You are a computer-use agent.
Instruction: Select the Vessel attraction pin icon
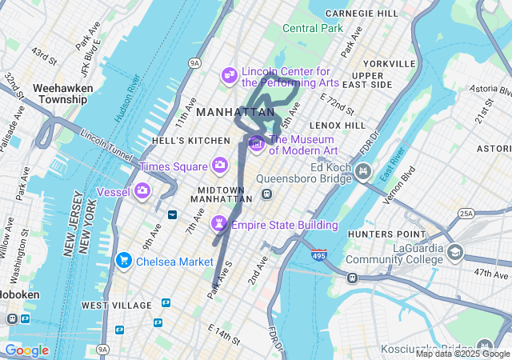click(142, 190)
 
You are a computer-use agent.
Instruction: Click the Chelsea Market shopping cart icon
click(123, 260)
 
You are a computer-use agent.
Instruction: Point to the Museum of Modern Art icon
click(257, 143)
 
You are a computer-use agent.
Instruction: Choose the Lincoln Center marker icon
click(230, 74)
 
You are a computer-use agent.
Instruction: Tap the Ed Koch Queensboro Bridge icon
click(362, 170)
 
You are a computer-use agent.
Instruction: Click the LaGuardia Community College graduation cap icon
click(455, 253)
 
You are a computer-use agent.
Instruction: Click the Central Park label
click(312, 28)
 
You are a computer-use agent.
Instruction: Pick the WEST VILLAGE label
click(116, 306)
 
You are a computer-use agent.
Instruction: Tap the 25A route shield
click(466, 214)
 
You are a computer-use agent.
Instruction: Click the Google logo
click(26, 350)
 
